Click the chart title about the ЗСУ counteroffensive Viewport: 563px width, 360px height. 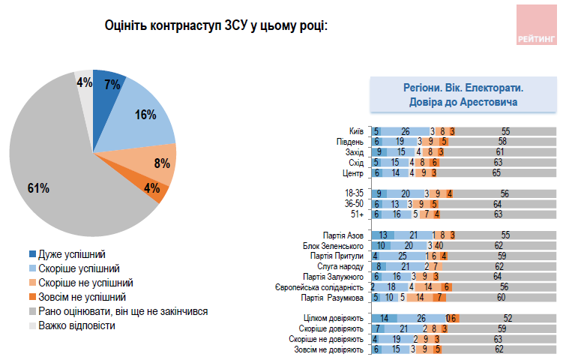pyautogui.click(x=217, y=27)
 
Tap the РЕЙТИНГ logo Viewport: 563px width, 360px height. pyautogui.click(x=535, y=25)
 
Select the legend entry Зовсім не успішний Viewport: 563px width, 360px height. pyautogui.click(x=82, y=296)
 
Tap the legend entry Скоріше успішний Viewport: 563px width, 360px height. pyautogui.click(x=79, y=268)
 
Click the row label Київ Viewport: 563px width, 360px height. pyautogui.click(x=356, y=130)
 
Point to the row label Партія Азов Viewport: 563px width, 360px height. pyautogui.click(x=344, y=235)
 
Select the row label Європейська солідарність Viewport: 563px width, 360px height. pyautogui.click(x=320, y=287)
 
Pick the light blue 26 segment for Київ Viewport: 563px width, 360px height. pyautogui.click(x=404, y=130)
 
